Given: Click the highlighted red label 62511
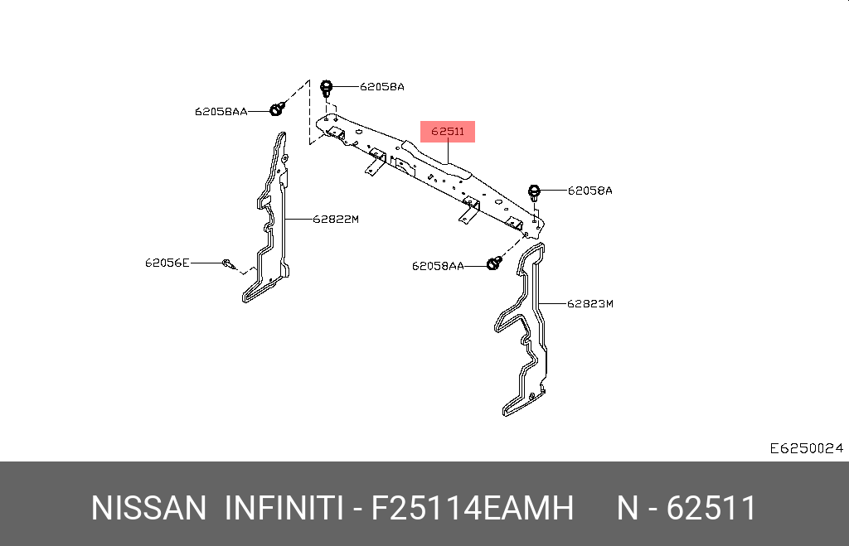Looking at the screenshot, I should (x=448, y=131).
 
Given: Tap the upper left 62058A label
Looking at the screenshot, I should (x=381, y=86).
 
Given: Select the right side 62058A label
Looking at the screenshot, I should (x=589, y=191).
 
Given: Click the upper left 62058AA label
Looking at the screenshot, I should (x=221, y=111).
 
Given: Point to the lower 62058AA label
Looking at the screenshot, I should (x=438, y=266).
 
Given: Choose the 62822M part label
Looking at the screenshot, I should (x=335, y=220).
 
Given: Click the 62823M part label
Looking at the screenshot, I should (x=589, y=303).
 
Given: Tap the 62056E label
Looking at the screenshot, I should (x=167, y=263).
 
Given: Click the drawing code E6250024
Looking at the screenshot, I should (x=806, y=448).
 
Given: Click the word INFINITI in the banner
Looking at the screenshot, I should (x=284, y=508).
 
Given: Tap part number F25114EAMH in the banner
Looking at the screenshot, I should (x=472, y=508).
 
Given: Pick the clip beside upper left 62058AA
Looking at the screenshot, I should (x=279, y=109).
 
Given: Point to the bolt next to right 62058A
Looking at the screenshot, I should (x=535, y=192).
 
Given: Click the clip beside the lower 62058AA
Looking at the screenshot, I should (x=494, y=263).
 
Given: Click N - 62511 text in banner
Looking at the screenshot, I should (x=686, y=508).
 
